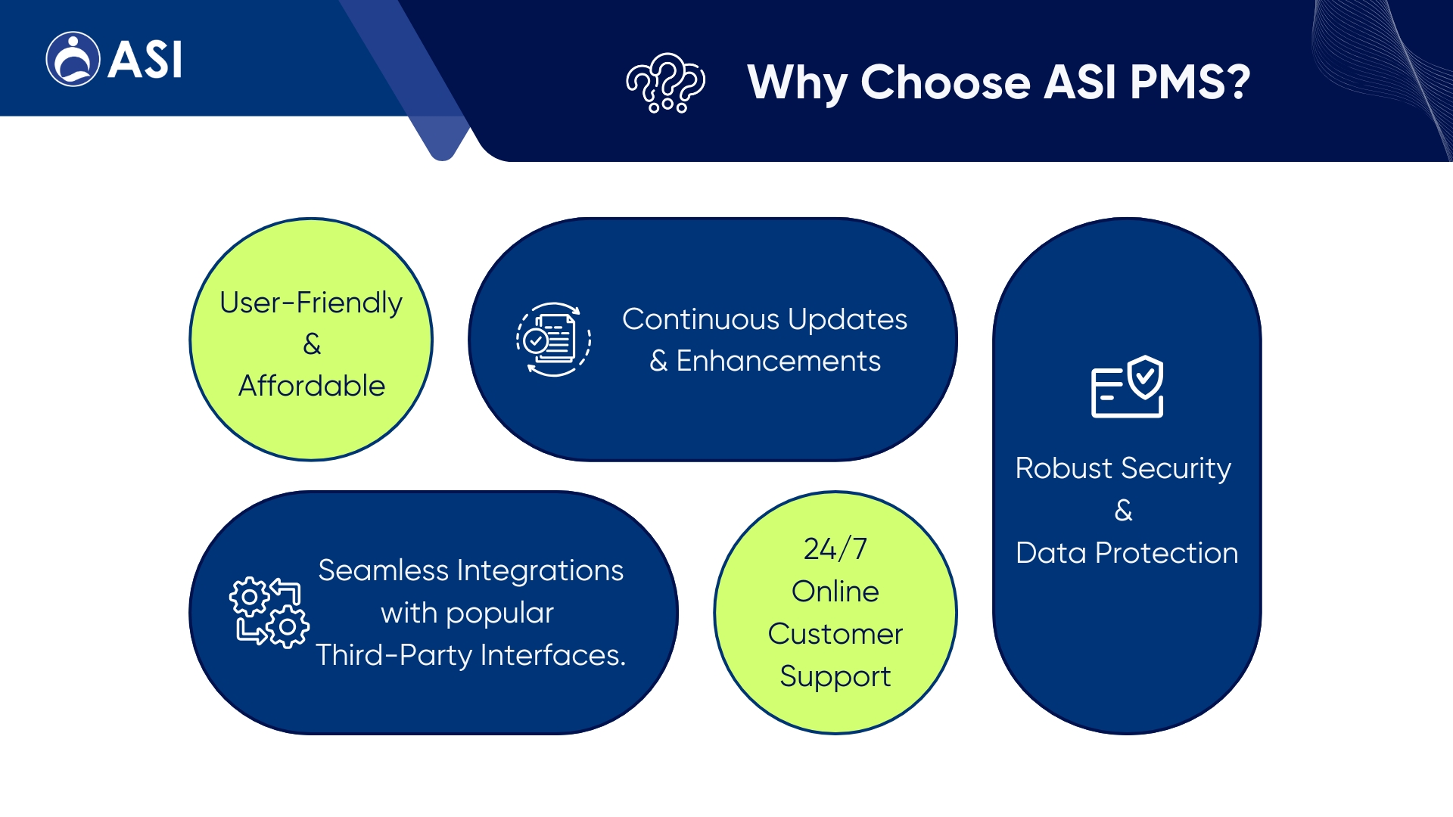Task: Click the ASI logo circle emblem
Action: coord(73,59)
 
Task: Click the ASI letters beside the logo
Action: coord(145,60)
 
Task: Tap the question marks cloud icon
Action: coord(665,82)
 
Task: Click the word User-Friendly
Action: coord(311,303)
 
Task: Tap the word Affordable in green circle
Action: coord(311,386)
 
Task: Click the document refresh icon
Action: coord(553,339)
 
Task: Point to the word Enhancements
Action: coord(778,361)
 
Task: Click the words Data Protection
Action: coord(1127,553)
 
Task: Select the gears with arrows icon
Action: coord(269,613)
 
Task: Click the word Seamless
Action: coord(383,570)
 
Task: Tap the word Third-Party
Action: coord(394,655)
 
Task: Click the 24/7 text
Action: coord(835,549)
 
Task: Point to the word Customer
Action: coord(835,634)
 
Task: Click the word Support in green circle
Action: coord(835,676)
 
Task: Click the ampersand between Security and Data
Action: coord(1124,511)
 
